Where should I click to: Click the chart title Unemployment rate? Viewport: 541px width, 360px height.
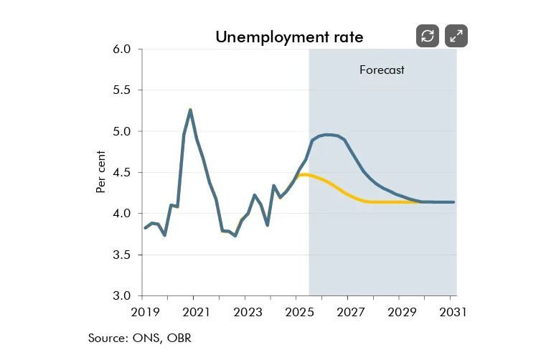coord(289,37)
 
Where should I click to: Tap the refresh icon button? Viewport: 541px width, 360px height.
coord(428,36)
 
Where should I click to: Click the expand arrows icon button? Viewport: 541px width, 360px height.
coord(456,36)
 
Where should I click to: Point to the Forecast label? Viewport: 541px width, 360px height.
coord(382,70)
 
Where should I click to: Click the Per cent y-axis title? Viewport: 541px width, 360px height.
coord(101,172)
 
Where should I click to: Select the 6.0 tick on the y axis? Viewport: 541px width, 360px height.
coord(123,49)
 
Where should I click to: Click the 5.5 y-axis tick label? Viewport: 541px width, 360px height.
coord(123,90)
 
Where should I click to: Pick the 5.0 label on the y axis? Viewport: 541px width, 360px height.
coord(123,131)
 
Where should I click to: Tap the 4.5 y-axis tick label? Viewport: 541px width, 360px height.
coord(123,172)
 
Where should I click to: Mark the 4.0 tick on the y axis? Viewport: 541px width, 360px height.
coord(123,214)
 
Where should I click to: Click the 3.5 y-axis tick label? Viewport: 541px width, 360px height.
coord(123,255)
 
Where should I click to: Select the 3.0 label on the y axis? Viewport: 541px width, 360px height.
coord(123,295)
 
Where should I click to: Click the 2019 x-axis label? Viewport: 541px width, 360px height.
coord(145,313)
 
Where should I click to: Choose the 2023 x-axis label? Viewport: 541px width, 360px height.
coord(248,313)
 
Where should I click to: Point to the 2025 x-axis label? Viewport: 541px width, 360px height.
coord(299,313)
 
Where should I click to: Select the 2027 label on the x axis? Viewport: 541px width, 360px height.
coord(351,313)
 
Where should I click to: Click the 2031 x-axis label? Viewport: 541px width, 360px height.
coord(453,313)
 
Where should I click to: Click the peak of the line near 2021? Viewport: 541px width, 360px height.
coord(190,110)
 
